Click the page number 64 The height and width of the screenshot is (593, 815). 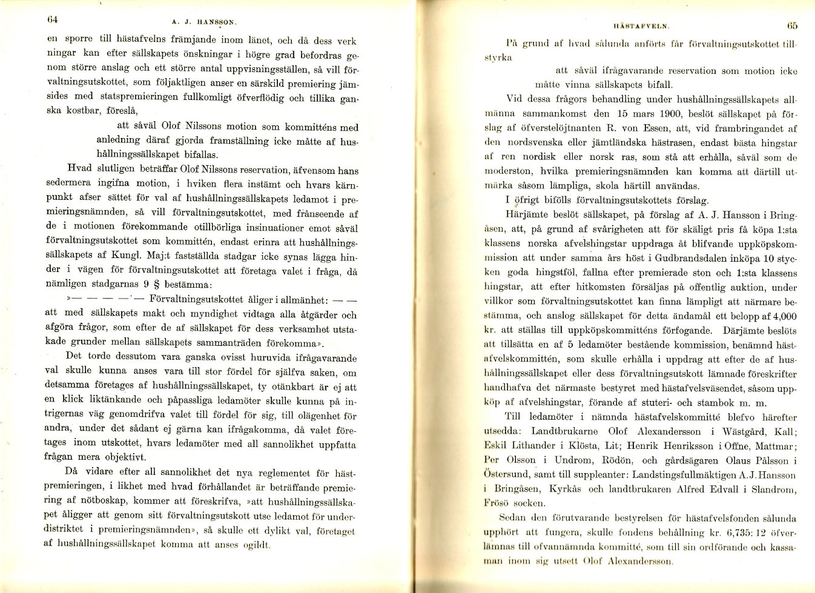[x=52, y=19]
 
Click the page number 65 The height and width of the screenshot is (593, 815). [x=793, y=25]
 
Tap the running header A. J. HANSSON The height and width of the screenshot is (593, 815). [x=204, y=22]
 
